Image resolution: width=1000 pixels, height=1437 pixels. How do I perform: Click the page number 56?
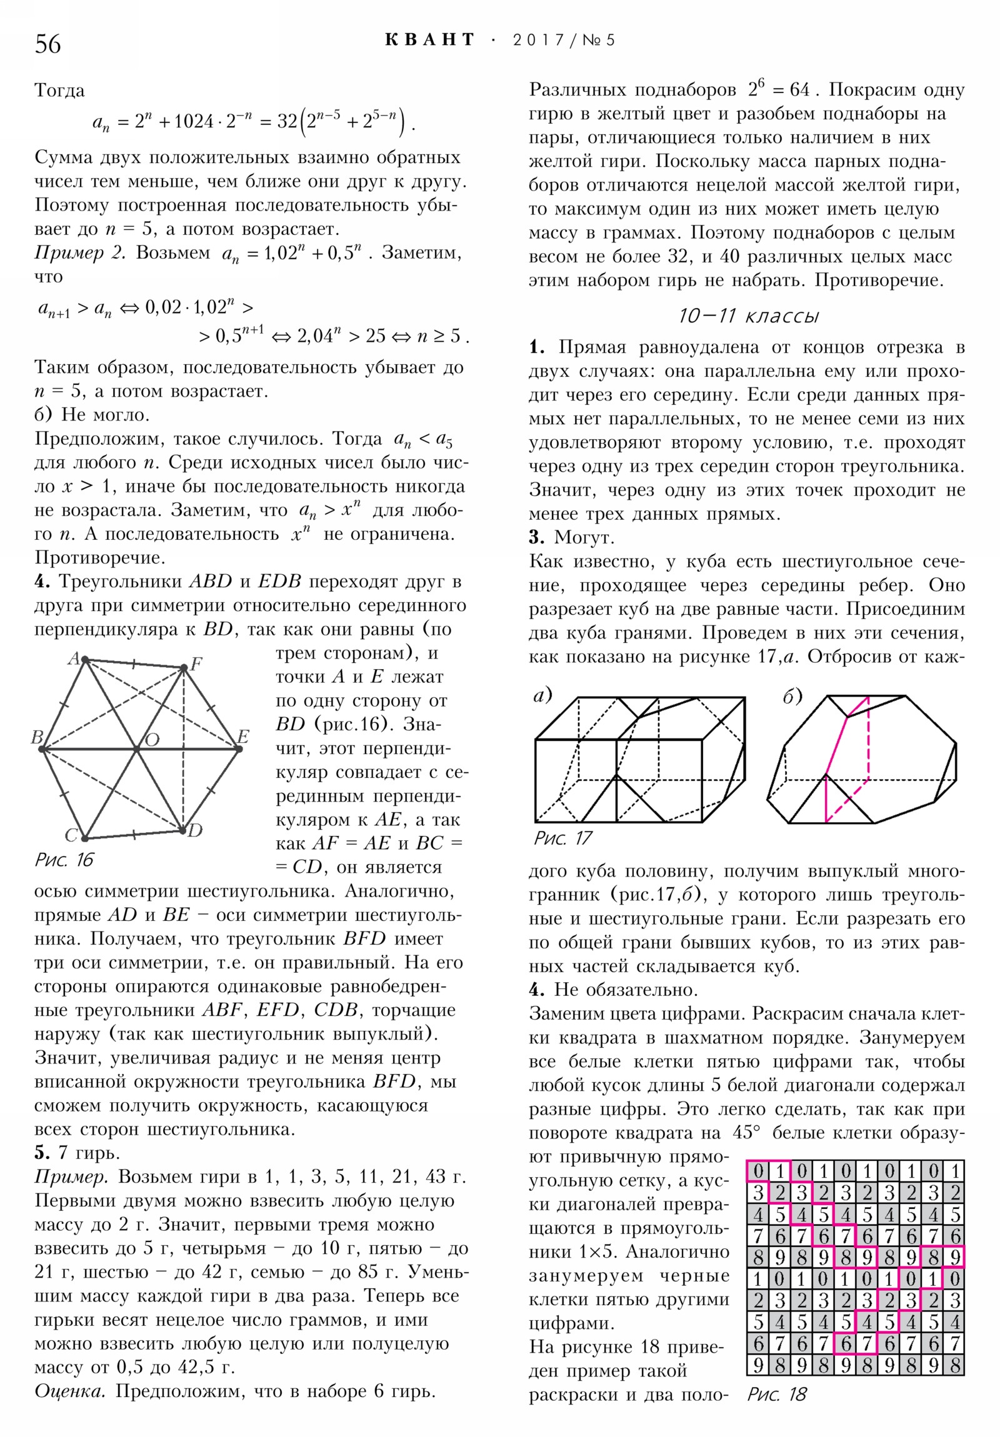click(48, 44)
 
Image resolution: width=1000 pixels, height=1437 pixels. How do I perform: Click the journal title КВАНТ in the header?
click(429, 40)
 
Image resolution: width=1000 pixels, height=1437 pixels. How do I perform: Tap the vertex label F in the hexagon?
click(197, 664)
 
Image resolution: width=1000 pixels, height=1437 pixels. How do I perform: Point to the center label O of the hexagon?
click(151, 740)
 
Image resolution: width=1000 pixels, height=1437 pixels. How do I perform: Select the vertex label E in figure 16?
click(244, 736)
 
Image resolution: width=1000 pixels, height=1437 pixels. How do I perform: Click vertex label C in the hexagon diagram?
click(71, 835)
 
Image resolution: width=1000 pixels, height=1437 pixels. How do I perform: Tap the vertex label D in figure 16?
click(196, 830)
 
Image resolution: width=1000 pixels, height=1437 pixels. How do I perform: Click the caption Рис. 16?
click(64, 860)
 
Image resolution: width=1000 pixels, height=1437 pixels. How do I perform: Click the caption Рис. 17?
click(562, 838)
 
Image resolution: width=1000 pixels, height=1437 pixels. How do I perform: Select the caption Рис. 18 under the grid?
click(776, 1394)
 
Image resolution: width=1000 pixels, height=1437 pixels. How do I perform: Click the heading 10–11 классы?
click(748, 316)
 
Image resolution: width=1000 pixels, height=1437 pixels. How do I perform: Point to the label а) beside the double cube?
click(542, 695)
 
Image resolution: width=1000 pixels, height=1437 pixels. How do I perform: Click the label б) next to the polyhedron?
click(792, 697)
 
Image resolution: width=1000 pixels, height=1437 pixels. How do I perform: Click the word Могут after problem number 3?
click(584, 537)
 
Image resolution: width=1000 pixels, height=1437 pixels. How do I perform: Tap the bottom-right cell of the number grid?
click(955, 1365)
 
